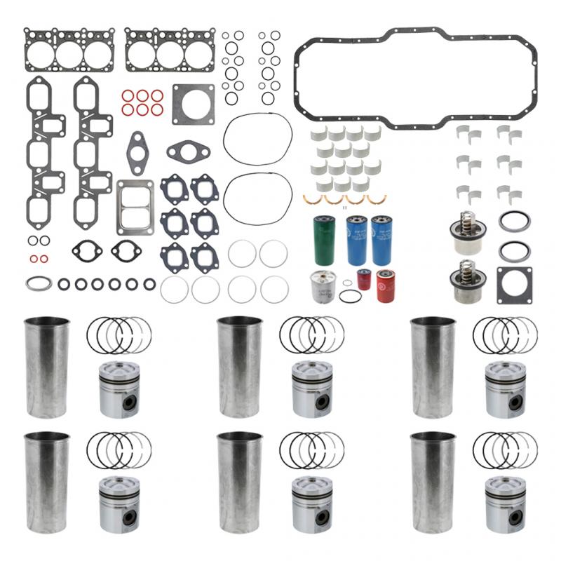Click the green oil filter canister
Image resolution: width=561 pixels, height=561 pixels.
pyautogui.click(x=325, y=241)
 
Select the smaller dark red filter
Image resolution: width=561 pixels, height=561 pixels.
pyautogui.click(x=363, y=278)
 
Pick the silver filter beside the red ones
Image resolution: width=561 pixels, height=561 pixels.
pyautogui.click(x=323, y=287)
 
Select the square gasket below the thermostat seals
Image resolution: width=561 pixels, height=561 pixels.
pyautogui.click(x=514, y=285)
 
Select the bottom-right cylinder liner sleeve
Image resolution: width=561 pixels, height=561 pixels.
pyautogui.click(x=433, y=483)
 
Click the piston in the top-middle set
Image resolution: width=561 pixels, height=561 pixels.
pyautogui.click(x=311, y=389)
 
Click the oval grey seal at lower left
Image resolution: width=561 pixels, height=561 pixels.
pyautogui.click(x=39, y=284)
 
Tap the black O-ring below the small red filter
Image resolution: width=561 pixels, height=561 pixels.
pyautogui.click(x=351, y=296)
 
